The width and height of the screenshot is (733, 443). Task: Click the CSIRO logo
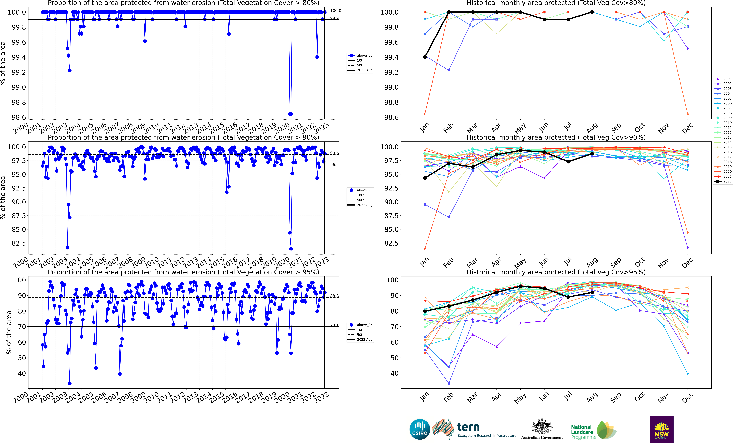(420, 429)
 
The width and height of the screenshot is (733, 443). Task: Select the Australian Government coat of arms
(542, 427)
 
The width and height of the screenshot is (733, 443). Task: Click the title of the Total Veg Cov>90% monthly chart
(556, 137)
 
